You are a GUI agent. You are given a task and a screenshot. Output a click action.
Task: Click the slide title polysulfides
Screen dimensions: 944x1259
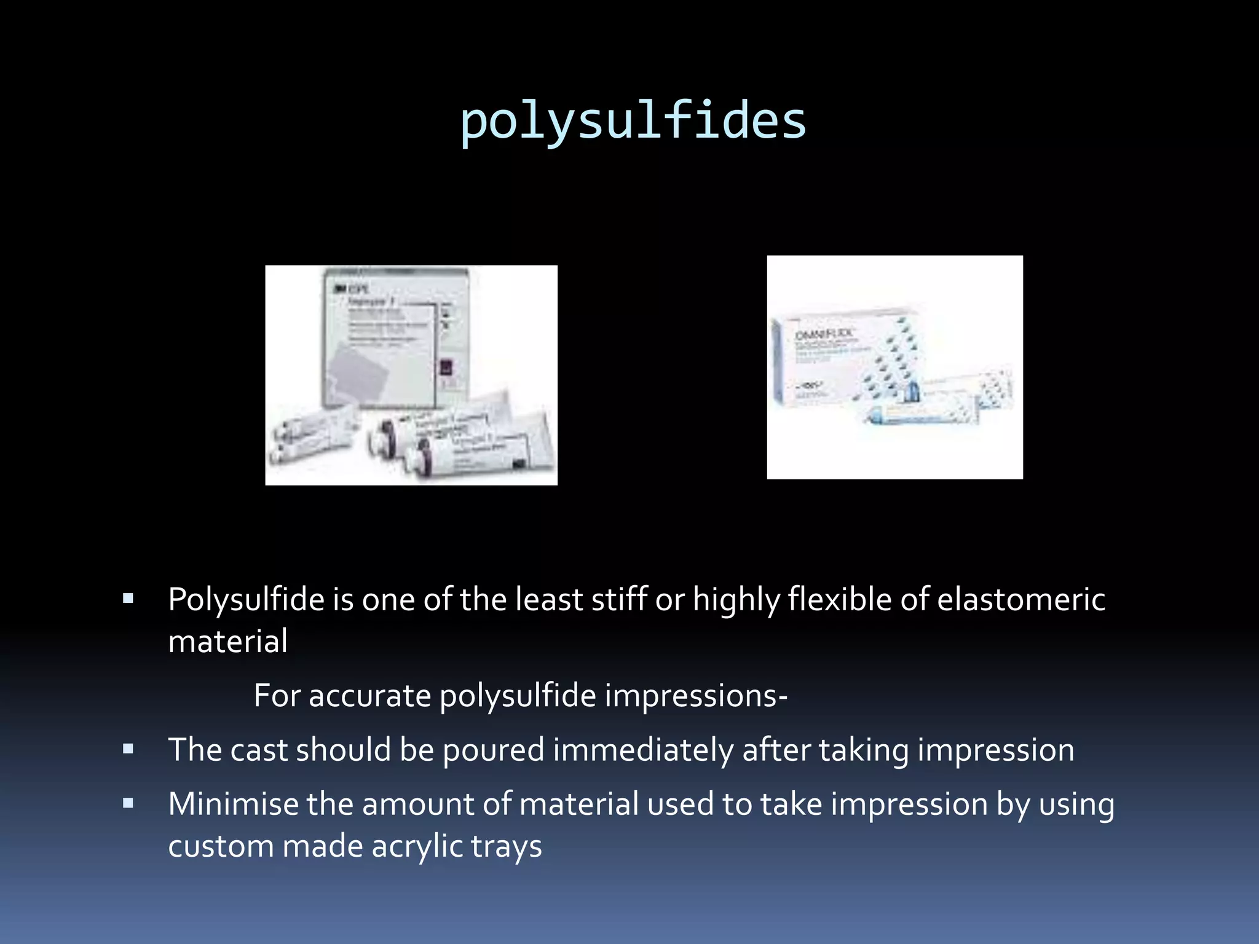[x=633, y=121]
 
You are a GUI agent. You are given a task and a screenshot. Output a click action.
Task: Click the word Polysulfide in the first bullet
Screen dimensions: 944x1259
[x=246, y=600]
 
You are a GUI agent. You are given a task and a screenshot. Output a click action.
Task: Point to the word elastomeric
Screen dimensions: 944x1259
[x=1021, y=600]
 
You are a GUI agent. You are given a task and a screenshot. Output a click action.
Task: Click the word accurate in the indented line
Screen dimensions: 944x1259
[x=369, y=696]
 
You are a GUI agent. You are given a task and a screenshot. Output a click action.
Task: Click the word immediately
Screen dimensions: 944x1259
[x=643, y=750]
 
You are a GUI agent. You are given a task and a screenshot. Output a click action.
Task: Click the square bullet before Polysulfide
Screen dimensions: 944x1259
[x=128, y=599]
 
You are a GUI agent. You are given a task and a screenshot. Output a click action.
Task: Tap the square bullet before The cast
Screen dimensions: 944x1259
[x=128, y=749]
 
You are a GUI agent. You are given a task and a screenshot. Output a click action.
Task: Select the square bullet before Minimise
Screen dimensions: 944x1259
[x=128, y=803]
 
